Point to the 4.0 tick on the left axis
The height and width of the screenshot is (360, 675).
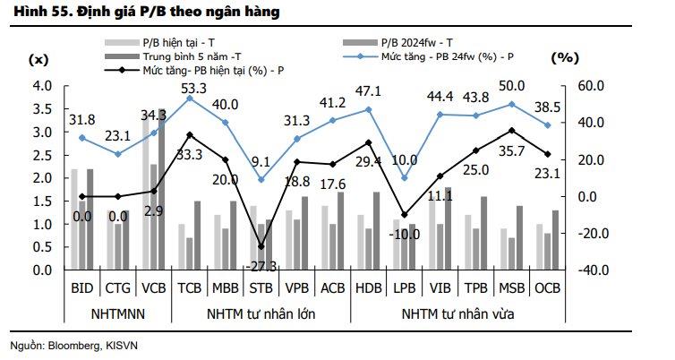[43, 86]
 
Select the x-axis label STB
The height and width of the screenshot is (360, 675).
[260, 287]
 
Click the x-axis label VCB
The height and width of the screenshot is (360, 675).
[154, 287]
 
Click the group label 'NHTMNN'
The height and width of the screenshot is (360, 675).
[117, 313]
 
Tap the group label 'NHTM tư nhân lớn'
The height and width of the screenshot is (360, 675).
[260, 313]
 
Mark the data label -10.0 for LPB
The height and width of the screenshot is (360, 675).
[405, 234]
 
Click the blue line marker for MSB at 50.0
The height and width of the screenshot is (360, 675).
[512, 104]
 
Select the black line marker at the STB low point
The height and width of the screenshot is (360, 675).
[261, 246]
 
